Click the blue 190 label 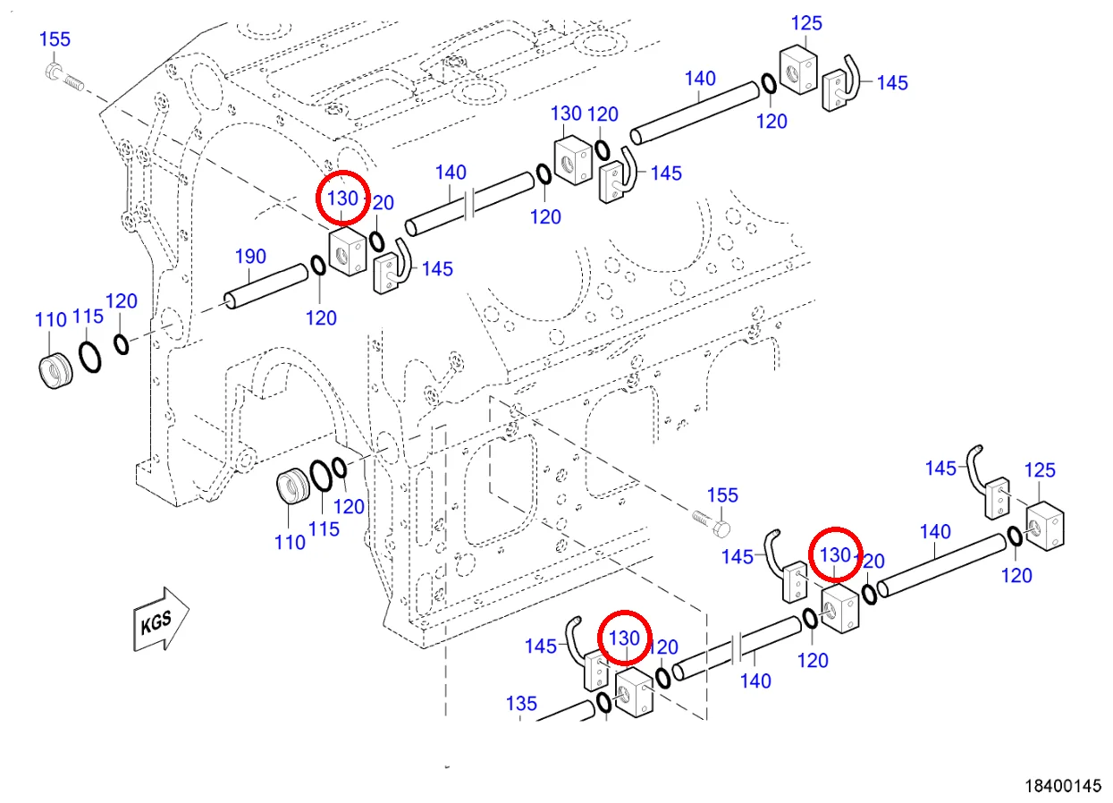tap(250, 257)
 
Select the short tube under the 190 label tap(266, 286)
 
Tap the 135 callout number tap(521, 704)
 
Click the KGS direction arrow tap(161, 620)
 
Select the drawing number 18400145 tap(1063, 786)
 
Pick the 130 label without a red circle tap(566, 114)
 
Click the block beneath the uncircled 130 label tap(573, 160)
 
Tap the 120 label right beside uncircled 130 tap(603, 114)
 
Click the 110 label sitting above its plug tap(51, 319)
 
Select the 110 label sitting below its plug tap(291, 542)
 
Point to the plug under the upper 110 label tap(55, 371)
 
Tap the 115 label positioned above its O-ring tap(88, 316)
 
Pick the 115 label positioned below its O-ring tap(324, 529)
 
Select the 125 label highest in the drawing tap(806, 23)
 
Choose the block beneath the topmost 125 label tap(798, 70)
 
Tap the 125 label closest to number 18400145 tap(1040, 470)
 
